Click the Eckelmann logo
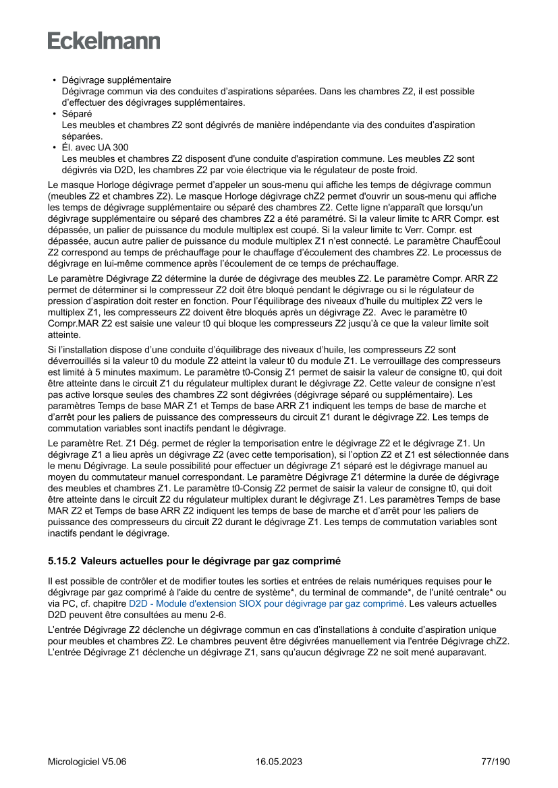click(104, 41)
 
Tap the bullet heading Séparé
click(77, 114)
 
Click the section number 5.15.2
click(61, 560)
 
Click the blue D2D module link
click(266, 604)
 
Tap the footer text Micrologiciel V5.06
click(87, 762)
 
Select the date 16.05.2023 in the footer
click(279, 762)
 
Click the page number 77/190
click(495, 762)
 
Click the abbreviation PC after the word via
click(71, 604)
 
